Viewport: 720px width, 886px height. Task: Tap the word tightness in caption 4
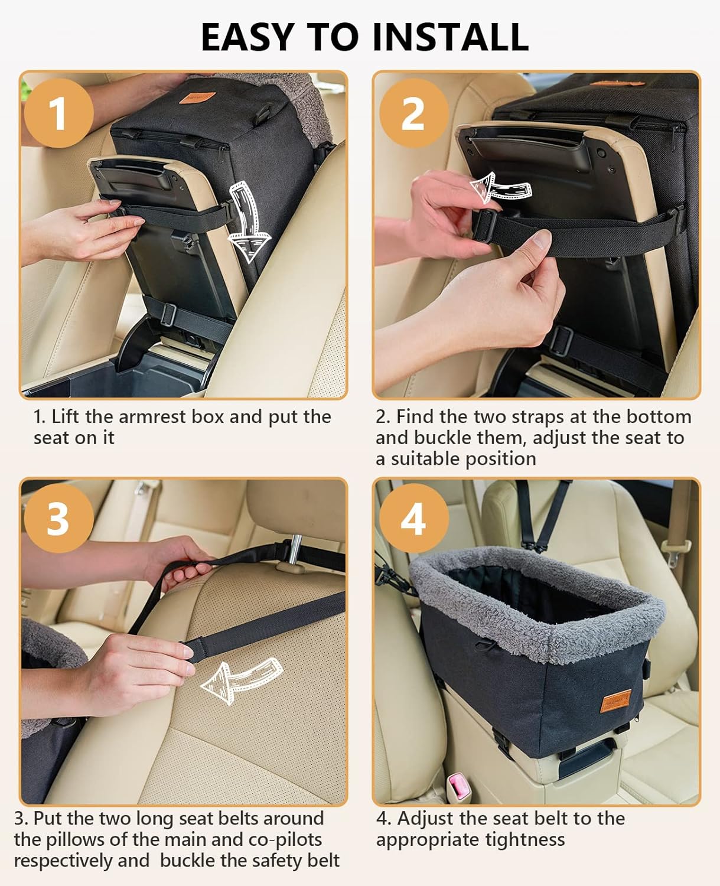[x=525, y=839]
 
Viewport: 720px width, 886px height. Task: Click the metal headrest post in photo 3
[x=290, y=553]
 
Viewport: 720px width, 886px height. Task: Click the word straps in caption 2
[x=530, y=417]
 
